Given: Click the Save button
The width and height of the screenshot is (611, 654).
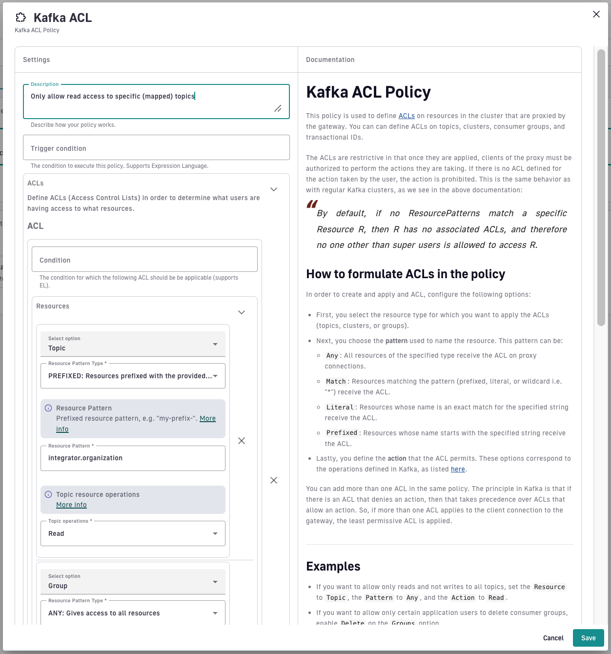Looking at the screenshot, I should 588,638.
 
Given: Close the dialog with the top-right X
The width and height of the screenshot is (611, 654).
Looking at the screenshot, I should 596,14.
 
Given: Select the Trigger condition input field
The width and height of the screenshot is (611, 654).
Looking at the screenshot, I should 156,148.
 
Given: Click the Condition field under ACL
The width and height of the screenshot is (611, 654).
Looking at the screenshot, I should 144,260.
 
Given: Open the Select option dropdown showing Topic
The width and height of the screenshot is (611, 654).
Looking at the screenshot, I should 133,344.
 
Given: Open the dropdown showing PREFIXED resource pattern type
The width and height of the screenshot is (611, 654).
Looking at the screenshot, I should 133,376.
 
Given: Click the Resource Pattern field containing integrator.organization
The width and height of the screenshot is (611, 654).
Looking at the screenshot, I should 133,458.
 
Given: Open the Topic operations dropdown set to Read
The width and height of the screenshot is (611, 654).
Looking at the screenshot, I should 133,533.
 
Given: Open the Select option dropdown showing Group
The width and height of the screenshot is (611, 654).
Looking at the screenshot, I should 133,582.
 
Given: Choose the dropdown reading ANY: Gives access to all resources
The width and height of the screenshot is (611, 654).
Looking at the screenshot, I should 133,613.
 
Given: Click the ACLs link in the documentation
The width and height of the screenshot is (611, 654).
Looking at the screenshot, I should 407,116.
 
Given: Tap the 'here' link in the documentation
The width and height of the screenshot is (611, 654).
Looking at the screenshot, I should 458,470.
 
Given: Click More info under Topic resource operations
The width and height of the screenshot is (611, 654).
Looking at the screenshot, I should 71,505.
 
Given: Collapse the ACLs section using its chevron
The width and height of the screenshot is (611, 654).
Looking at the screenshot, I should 274,189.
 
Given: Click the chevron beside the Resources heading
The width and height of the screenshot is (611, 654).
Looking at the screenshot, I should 242,312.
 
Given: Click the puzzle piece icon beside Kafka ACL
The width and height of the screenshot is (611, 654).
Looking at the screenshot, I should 20,18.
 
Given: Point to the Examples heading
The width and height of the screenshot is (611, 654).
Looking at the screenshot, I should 333,566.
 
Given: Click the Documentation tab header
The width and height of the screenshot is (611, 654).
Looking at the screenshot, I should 330,60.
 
